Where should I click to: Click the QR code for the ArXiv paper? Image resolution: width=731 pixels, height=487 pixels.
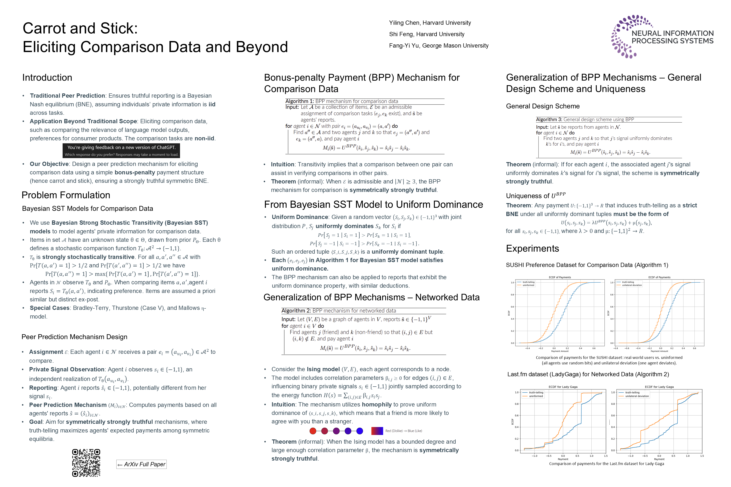(x=86, y=463)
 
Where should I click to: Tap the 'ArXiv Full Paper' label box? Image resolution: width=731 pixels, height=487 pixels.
(x=142, y=464)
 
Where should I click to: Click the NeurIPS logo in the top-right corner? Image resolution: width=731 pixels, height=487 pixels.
(x=662, y=37)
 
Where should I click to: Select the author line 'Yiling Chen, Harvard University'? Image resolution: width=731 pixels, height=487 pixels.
(x=430, y=23)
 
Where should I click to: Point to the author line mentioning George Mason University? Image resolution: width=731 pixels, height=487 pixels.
(x=438, y=46)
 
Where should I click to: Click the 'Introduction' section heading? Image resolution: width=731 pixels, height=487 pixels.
(x=47, y=77)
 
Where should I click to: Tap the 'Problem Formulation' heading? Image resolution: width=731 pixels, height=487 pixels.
(x=66, y=195)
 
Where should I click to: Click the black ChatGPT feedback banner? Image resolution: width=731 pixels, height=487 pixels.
(x=121, y=151)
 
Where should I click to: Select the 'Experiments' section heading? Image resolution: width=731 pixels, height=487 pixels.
(x=532, y=249)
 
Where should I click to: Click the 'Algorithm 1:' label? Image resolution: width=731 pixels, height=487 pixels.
(x=299, y=101)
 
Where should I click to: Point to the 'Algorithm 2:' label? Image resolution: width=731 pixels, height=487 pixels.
(x=296, y=311)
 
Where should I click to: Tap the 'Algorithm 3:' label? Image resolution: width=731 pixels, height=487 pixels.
(x=549, y=120)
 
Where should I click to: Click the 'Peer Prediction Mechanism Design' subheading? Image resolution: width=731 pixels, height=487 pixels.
(x=74, y=337)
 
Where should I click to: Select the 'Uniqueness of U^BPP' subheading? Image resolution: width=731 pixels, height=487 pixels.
(x=536, y=196)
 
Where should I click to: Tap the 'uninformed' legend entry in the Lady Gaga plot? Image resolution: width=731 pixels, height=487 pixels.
(x=536, y=396)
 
